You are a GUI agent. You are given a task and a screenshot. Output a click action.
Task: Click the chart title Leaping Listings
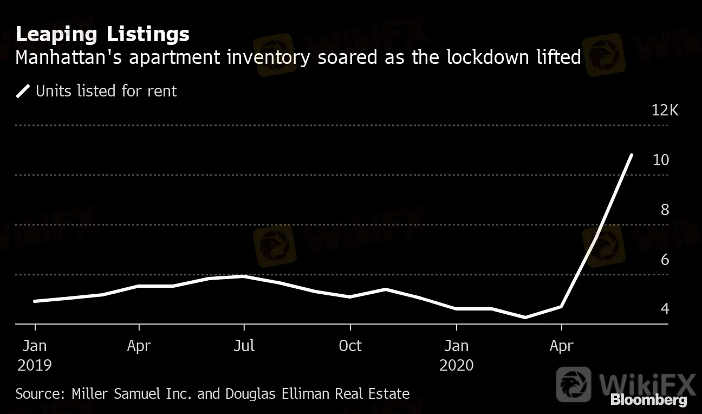[x=102, y=34]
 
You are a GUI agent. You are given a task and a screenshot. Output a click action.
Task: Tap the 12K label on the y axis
[x=665, y=111]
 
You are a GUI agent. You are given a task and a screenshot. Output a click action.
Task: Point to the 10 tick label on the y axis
[x=661, y=160]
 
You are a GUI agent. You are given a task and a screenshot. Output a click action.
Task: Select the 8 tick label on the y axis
[x=665, y=210]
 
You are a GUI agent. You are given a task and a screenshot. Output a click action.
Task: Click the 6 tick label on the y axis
[x=665, y=260]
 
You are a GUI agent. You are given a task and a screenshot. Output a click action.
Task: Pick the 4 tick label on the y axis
[x=665, y=309]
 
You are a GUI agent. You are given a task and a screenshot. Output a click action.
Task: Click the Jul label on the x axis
[x=244, y=346]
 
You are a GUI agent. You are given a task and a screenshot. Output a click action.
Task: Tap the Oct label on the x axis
[x=350, y=346]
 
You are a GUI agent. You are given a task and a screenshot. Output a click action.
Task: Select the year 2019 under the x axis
[x=35, y=365]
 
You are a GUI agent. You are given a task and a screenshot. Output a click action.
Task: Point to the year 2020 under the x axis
[x=457, y=365]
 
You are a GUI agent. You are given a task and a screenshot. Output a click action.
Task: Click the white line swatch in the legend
[x=23, y=91]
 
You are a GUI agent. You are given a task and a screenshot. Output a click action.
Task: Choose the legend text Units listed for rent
[x=106, y=91]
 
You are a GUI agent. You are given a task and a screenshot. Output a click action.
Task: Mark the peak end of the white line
[x=631, y=155]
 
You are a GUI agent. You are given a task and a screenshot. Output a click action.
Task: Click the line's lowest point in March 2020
[x=525, y=318]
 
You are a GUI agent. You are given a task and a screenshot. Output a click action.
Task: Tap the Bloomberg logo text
[x=649, y=400]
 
